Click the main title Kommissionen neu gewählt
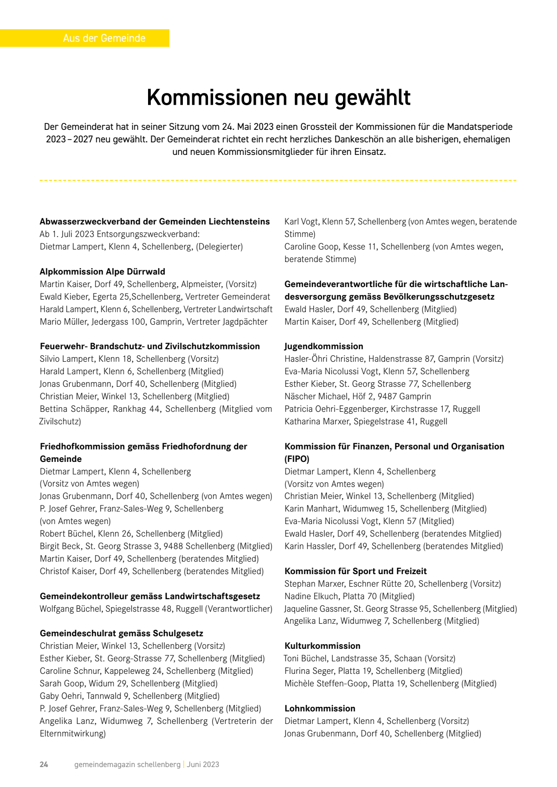click(278, 98)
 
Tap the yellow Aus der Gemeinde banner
click(104, 38)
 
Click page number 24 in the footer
click(44, 764)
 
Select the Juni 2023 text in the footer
click(203, 764)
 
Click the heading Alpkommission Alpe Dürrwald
click(103, 272)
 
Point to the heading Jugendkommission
click(324, 346)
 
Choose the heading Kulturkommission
click(322, 646)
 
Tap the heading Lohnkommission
click(320, 709)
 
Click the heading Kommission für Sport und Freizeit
click(356, 571)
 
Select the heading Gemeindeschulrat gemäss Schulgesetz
click(122, 633)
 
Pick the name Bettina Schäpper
click(74, 409)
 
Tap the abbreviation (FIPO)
click(297, 459)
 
